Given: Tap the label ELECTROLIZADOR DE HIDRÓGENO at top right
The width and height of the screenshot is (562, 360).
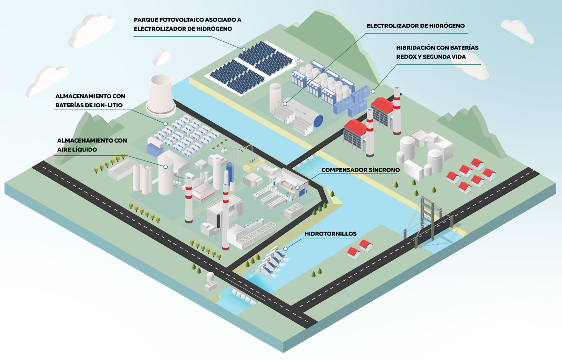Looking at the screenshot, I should click(416, 26).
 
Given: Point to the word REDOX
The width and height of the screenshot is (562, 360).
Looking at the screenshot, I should click(407, 56).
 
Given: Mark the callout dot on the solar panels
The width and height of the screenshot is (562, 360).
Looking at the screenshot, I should click(243, 49).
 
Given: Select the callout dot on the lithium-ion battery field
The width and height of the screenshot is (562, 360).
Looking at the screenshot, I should click(165, 123).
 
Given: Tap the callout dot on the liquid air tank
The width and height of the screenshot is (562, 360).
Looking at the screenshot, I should click(164, 166).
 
